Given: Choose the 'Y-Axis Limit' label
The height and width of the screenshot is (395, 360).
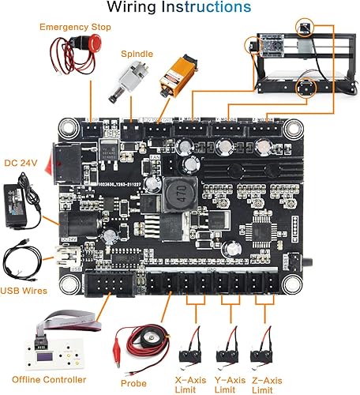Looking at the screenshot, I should [227, 385].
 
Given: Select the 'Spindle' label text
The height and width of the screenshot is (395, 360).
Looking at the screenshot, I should [137, 55].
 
